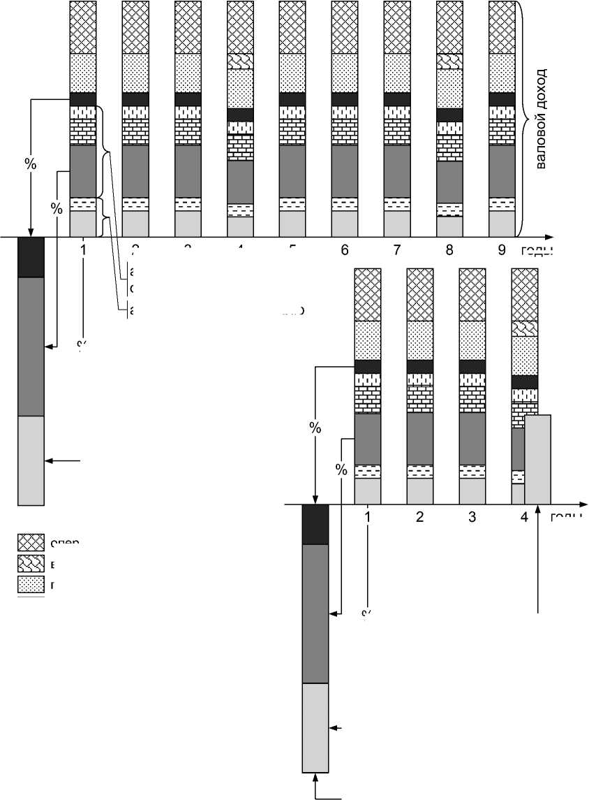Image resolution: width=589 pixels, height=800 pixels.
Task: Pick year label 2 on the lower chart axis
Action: tap(419, 518)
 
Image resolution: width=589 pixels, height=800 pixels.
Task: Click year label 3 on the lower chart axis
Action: tap(472, 518)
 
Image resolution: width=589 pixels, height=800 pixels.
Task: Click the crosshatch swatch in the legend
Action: tap(31, 543)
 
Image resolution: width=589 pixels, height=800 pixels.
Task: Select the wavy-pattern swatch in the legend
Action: tap(31, 563)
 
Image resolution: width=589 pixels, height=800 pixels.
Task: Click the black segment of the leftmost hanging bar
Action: tap(31, 257)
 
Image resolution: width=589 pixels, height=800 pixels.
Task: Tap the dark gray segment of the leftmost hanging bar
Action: tap(31, 346)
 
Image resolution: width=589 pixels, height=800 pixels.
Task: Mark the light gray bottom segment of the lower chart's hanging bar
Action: tap(314, 726)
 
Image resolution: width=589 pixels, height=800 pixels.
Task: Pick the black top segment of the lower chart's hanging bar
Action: tap(314, 524)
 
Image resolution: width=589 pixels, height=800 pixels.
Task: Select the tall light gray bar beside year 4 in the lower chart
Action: tap(537, 458)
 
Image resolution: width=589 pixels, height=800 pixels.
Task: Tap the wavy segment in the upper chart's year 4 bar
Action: tap(240, 61)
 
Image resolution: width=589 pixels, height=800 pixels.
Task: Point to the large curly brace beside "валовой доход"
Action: tap(523, 118)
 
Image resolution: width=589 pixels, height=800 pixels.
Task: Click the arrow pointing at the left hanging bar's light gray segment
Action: tap(63, 460)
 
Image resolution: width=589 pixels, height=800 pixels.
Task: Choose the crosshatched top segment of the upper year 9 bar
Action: tap(502, 27)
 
